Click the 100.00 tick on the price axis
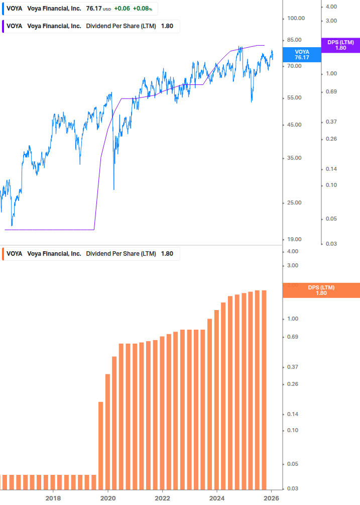[295, 19]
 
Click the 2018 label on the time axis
[53, 498]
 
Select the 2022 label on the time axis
[162, 498]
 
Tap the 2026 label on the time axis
[271, 498]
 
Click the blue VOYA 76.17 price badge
[302, 55]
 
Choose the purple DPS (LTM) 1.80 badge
[340, 45]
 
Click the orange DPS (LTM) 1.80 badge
[321, 290]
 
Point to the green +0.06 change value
[122, 9]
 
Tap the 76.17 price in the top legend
[93, 9]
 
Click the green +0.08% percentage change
[142, 9]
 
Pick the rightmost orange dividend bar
[264, 389]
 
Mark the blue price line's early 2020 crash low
[114, 189]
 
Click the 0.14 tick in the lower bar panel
[292, 415]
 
